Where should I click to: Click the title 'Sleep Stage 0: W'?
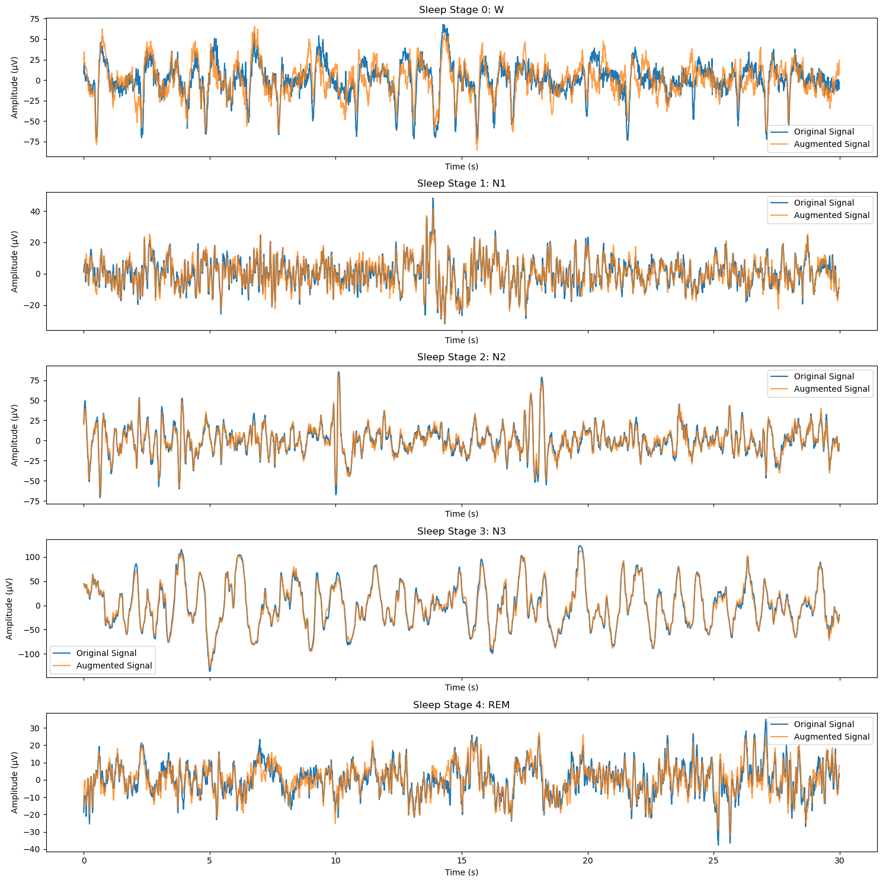point(461,9)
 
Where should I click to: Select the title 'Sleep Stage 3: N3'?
point(461,531)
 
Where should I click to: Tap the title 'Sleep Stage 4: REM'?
point(461,705)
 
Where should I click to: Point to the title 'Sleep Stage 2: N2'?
point(461,357)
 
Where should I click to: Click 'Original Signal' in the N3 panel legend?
point(106,653)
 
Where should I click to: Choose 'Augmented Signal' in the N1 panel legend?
point(831,215)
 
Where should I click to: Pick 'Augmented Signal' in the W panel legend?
point(831,144)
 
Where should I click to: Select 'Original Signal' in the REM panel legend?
point(824,724)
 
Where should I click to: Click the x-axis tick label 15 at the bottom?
point(462,860)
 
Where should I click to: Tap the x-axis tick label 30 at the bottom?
point(840,860)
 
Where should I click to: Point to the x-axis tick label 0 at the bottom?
point(84,860)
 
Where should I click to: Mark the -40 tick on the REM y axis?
point(33,849)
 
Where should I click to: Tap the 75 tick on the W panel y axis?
point(35,19)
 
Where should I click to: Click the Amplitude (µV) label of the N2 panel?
point(15,435)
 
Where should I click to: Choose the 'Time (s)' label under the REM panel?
point(461,872)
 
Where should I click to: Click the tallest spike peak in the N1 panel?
point(433,199)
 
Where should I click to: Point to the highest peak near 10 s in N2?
point(338,373)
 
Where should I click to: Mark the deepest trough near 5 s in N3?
point(210,670)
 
